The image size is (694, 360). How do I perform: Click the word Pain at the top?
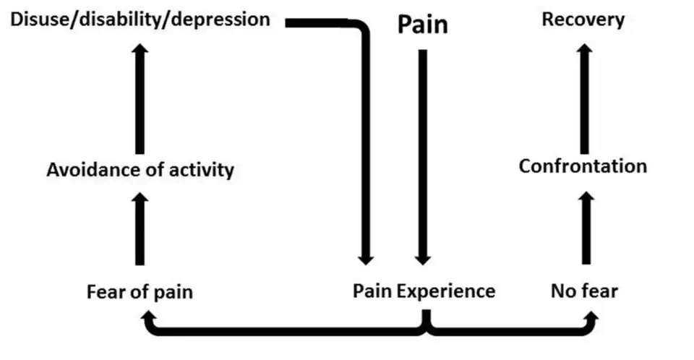(423, 25)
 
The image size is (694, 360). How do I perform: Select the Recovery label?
(583, 20)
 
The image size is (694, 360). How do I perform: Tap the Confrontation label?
(583, 166)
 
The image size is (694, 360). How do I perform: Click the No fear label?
(584, 291)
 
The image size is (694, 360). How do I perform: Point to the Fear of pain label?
(140, 292)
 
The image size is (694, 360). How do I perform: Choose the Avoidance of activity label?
(140, 171)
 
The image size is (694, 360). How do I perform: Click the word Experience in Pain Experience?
(446, 291)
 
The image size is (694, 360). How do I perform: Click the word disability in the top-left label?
(109, 19)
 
